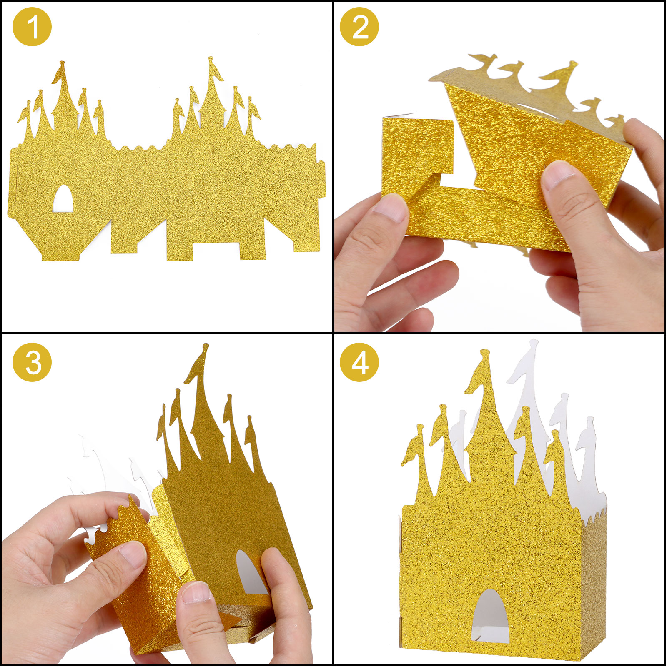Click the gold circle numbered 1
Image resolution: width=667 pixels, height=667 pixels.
[x=33, y=27]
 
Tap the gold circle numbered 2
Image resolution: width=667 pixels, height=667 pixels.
[x=359, y=27]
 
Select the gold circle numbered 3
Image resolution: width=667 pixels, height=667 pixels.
[x=33, y=362]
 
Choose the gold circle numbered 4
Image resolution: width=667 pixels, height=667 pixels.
[x=359, y=362]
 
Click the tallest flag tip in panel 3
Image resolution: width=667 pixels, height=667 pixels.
[x=204, y=346]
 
